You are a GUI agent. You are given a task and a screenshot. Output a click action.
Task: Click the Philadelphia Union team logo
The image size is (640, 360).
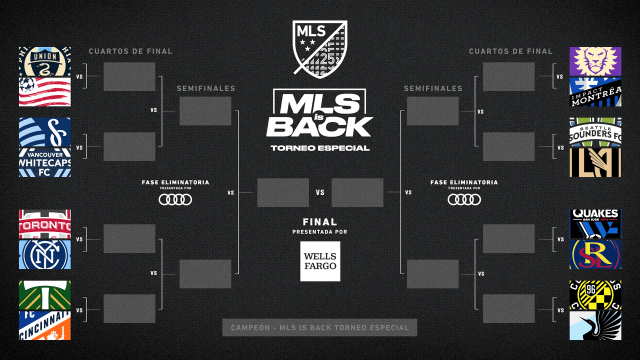44,61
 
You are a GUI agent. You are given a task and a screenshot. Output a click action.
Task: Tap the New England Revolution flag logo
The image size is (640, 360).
44,92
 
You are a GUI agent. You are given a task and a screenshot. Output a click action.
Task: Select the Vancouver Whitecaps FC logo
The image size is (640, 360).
44,162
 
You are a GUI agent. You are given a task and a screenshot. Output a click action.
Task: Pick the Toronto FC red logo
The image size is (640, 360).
44,224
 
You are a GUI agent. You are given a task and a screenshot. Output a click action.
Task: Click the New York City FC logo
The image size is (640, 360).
44,254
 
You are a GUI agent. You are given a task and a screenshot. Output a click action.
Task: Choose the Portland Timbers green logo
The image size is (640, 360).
44,295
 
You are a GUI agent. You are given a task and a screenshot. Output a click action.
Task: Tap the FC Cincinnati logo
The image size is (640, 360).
44,325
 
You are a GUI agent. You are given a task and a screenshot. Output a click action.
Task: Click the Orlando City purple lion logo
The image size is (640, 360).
595,61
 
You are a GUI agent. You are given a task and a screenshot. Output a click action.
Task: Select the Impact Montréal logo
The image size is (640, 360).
595,92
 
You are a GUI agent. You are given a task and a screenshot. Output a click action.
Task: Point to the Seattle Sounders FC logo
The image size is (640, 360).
595,132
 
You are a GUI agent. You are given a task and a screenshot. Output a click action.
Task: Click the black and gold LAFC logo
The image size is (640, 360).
595,162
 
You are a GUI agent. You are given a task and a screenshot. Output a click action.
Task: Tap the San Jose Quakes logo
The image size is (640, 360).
595,224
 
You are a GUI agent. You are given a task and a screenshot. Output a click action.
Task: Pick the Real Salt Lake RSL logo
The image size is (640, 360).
595,254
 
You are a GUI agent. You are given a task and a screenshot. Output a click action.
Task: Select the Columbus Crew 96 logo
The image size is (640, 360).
595,295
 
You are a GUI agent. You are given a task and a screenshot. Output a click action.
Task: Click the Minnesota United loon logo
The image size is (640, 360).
595,325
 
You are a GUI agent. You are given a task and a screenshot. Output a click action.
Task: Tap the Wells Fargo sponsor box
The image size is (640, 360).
320,261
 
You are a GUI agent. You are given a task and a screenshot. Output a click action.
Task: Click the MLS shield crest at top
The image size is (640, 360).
320,48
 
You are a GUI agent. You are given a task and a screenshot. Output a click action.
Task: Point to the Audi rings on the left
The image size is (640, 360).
175,199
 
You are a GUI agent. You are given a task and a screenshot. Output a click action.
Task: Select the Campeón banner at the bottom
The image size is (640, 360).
319,328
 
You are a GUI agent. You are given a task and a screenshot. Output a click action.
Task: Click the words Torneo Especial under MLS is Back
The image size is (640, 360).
320,148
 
